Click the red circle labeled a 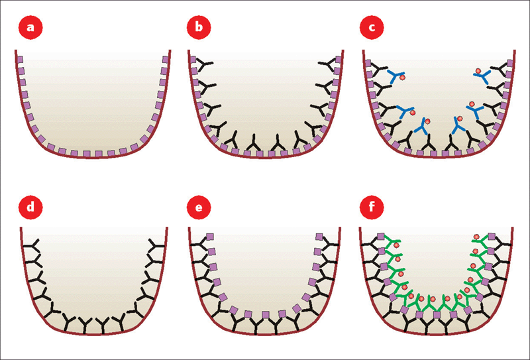28,29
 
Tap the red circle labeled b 197,29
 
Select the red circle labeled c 368,29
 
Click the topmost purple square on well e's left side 211,236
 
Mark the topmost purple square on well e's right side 319,236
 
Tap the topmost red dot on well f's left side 396,246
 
